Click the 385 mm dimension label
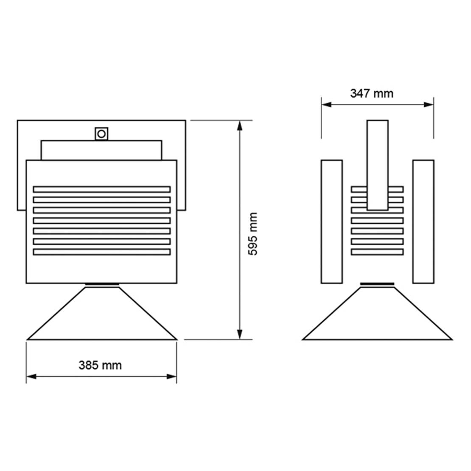(100, 366)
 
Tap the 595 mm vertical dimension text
(253, 234)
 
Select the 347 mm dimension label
(372, 93)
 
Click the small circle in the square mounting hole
(101, 134)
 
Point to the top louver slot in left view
(102, 189)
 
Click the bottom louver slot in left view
(102, 252)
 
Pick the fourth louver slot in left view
(102, 221)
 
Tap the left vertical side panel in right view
(332, 221)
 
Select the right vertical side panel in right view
(423, 221)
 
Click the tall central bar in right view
(378, 165)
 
